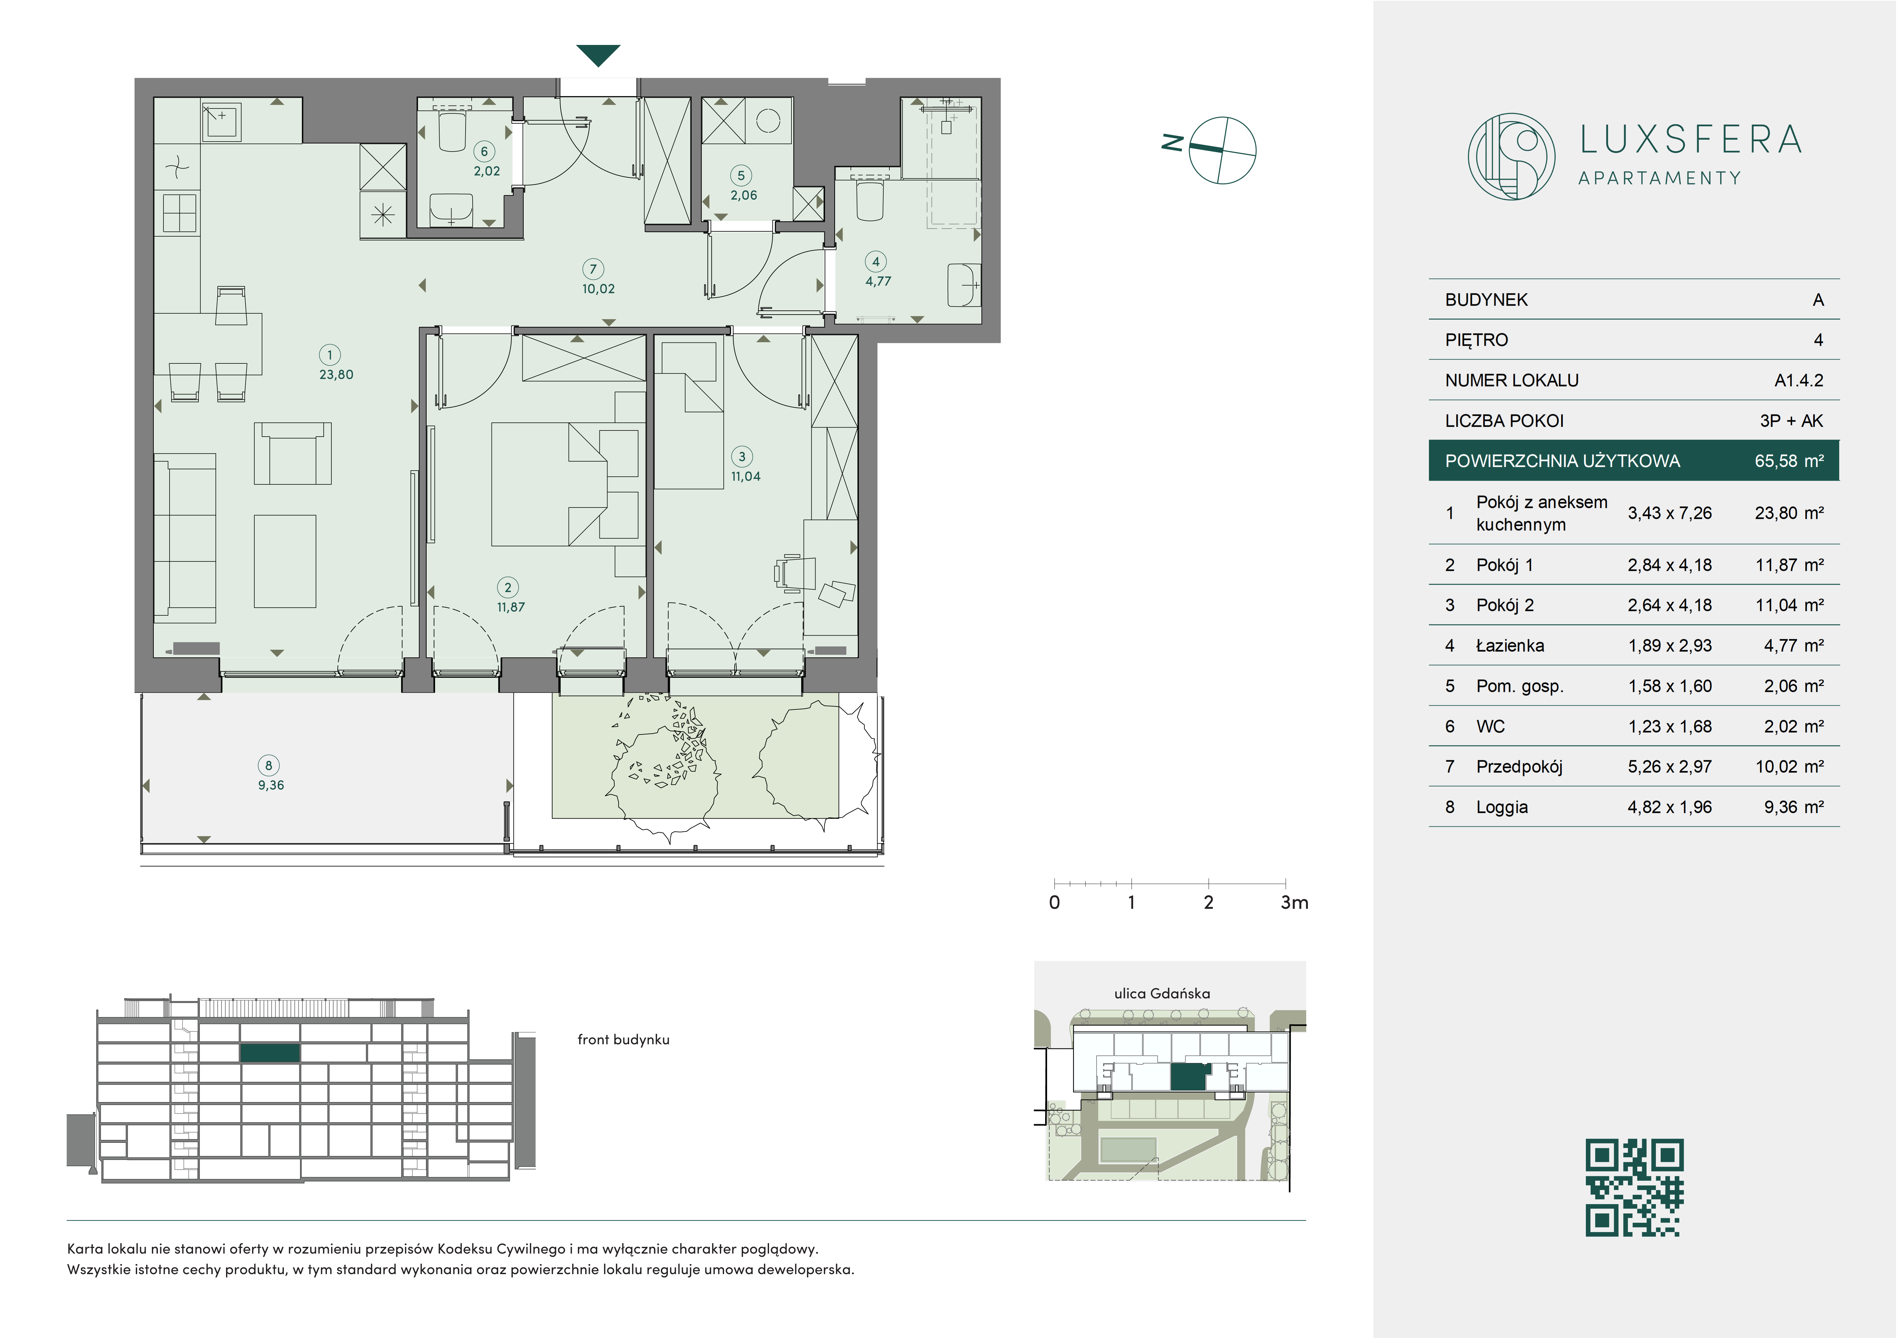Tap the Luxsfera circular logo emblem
[1511, 156]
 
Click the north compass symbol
[1213, 150]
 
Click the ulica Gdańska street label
[1162, 994]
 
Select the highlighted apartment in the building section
[269, 1053]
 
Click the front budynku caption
[623, 1040]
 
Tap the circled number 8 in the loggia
[268, 766]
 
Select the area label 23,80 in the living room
[336, 374]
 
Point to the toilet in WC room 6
[453, 130]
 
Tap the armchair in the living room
[293, 453]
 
